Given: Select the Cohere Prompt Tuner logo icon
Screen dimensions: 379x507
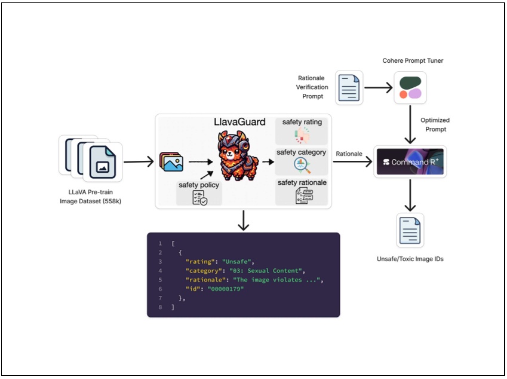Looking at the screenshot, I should tap(410, 87).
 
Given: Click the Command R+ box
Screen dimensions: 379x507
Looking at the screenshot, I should tap(410, 162).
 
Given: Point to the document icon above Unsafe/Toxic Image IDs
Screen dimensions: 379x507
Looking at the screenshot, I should tap(410, 230).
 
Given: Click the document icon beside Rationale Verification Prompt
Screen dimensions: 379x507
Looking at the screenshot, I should tap(349, 87).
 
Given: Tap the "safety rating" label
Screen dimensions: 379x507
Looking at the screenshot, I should tap(302, 122).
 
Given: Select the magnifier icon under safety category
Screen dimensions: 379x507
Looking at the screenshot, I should tap(302, 166).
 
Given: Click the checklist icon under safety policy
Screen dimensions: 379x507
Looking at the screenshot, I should tap(199, 198).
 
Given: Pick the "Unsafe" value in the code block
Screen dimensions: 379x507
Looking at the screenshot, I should tap(238, 261).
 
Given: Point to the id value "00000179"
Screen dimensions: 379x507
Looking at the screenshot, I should tap(226, 288).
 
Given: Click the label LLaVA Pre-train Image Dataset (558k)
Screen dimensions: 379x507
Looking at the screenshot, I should tap(91, 195).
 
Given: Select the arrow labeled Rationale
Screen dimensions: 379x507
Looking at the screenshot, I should tap(352, 162).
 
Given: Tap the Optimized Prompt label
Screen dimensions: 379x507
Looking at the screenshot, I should tap(435, 124).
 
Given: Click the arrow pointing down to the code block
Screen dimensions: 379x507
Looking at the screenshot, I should tap(243, 220).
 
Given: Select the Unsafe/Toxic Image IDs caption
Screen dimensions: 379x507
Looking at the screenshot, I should tap(411, 258).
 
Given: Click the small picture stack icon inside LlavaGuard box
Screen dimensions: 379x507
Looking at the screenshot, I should tap(171, 162).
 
